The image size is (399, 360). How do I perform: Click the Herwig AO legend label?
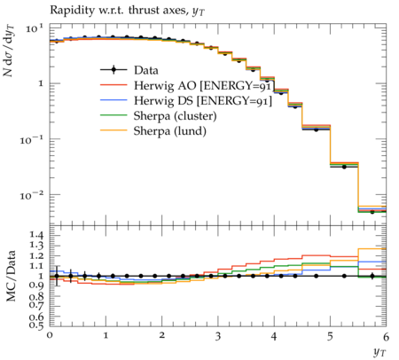(204, 85)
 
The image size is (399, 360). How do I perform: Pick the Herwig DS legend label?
(203, 100)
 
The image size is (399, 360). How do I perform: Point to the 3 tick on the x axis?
(218, 336)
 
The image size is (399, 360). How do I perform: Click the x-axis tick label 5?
(330, 336)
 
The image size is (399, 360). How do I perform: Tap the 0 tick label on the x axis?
(50, 335)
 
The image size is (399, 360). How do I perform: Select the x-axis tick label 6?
(386, 336)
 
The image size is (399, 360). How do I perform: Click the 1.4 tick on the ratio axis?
(36, 235)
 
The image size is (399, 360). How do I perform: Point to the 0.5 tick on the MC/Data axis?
(36, 325)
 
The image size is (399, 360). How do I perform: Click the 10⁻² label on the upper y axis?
(31, 195)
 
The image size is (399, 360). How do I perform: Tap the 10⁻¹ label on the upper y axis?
(31, 139)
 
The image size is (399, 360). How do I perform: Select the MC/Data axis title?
(11, 276)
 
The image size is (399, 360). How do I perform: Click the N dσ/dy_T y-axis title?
(9, 51)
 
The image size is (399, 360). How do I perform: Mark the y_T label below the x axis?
(379, 352)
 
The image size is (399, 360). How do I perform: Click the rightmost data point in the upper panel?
(372, 212)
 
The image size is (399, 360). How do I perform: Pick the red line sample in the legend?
(113, 85)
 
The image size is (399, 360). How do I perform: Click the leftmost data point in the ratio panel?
(57, 276)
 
